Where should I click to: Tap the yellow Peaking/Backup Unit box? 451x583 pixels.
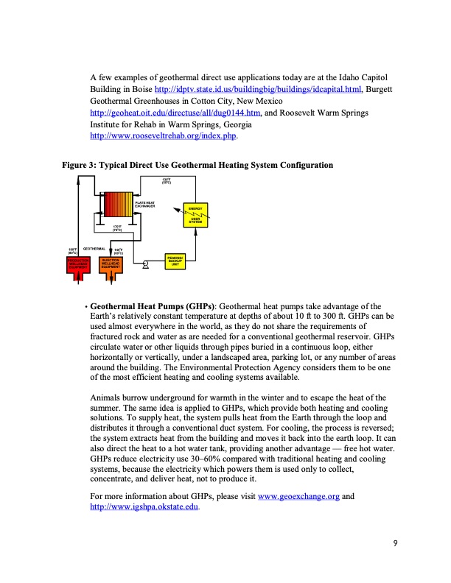tap(175, 260)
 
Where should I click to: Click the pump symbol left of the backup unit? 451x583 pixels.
tap(146, 264)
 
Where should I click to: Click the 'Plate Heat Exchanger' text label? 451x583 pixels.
tap(144, 204)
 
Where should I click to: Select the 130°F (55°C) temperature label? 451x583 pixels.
tap(166, 182)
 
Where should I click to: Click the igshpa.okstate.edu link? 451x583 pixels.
tap(143, 509)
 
